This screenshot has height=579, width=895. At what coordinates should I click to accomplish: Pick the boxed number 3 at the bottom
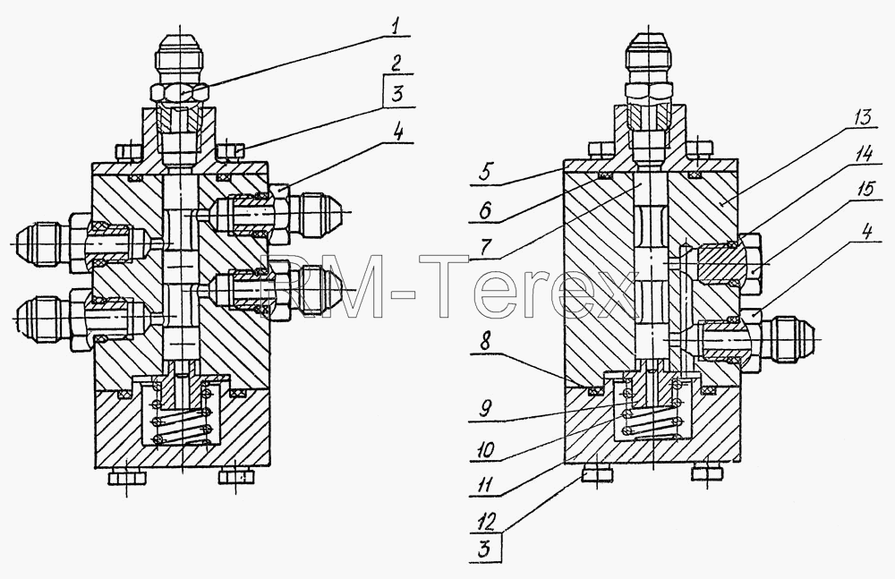pyautogui.click(x=485, y=549)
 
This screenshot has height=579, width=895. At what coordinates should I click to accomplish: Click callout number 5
pyautogui.click(x=483, y=173)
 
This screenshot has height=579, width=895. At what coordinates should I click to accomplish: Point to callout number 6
pyautogui.click(x=484, y=210)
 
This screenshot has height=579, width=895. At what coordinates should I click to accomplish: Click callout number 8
pyautogui.click(x=484, y=343)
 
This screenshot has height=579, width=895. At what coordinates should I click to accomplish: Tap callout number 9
pyautogui.click(x=483, y=409)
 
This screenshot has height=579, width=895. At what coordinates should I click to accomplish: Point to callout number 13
pyautogui.click(x=861, y=119)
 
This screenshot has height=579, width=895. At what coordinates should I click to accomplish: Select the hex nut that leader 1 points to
pyautogui.click(x=179, y=92)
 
